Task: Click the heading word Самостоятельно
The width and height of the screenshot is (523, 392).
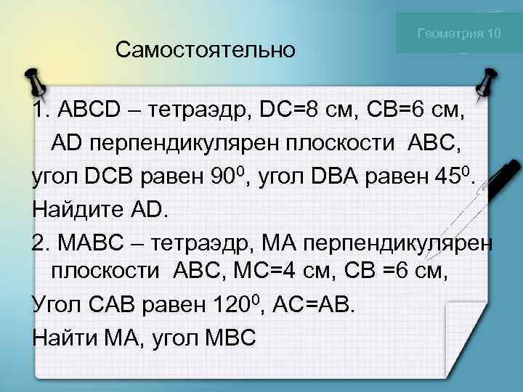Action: coord(206,50)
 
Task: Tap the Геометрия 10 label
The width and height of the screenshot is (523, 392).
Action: coord(458,33)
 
